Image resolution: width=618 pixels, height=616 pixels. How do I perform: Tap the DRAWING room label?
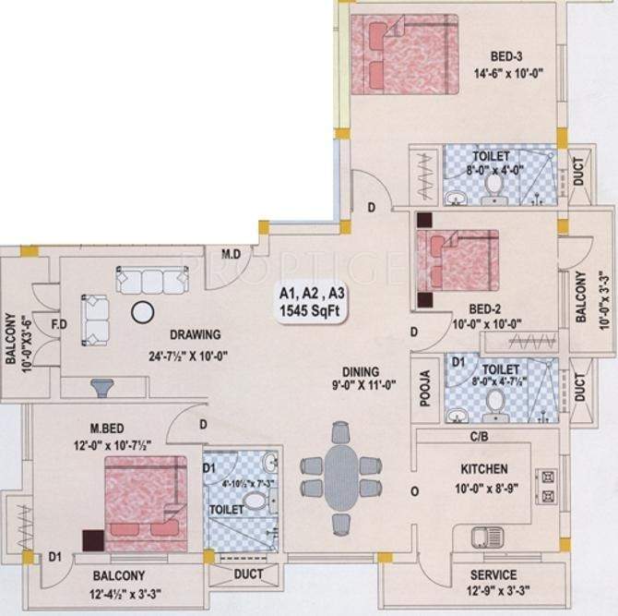[194, 334]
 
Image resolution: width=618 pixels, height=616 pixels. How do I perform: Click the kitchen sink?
[485, 537]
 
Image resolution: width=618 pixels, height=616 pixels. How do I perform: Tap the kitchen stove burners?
[547, 487]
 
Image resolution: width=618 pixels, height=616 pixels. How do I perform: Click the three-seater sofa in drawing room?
[149, 279]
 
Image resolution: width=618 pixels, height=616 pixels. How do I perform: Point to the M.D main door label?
[232, 253]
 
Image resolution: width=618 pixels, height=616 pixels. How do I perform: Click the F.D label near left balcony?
[56, 325]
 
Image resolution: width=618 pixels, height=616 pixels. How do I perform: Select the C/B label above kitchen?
[479, 435]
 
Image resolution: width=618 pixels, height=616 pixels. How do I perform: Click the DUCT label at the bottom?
[249, 574]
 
